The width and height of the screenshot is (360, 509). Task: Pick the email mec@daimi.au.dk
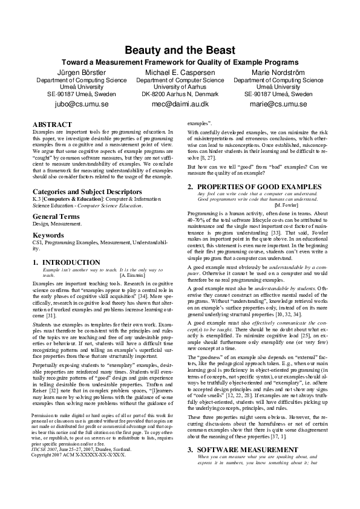(x=180, y=104)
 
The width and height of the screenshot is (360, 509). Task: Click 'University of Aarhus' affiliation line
(x=180, y=87)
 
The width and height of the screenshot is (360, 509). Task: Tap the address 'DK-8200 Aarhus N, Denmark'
(x=180, y=94)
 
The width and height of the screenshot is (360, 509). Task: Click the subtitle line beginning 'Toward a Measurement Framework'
(x=180, y=62)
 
